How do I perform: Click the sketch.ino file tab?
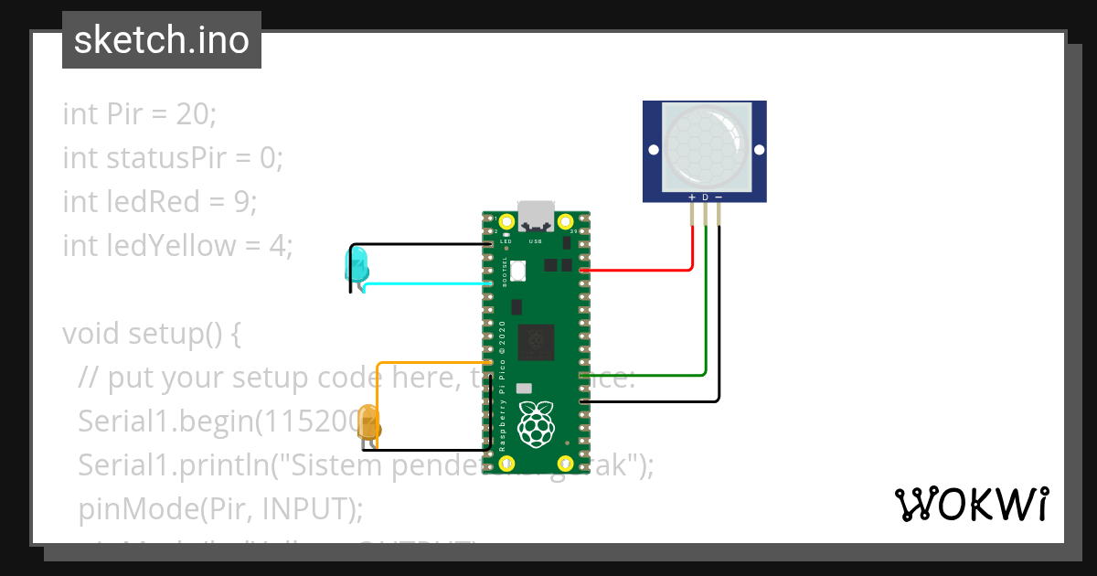162,40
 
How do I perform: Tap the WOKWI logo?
970,505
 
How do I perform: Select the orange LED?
368,423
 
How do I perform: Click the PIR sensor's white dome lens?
704,144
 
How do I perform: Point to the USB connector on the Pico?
536,216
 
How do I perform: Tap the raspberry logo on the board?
536,425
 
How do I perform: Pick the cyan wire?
430,283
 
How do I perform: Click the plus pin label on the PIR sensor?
692,197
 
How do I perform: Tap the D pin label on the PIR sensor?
705,197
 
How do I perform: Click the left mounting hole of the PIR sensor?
653,150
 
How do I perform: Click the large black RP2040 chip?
536,342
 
